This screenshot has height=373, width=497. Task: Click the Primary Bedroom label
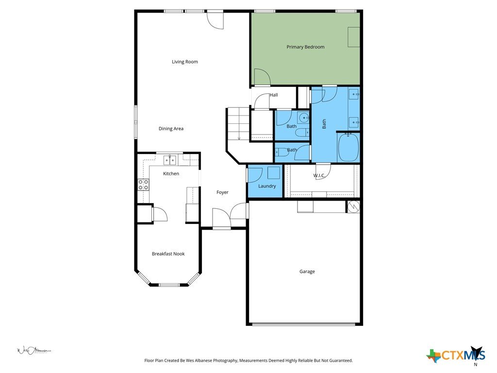point(305,47)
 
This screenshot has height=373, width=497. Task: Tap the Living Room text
point(185,62)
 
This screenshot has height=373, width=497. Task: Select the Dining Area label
point(171,128)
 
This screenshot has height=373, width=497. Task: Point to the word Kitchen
point(171,173)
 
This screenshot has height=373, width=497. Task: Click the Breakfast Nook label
point(168,254)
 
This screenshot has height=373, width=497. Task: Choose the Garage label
point(307,271)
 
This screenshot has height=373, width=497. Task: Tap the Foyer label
point(222,192)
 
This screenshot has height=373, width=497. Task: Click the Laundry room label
point(267,186)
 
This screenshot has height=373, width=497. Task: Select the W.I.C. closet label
point(319,175)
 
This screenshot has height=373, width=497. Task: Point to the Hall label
point(274,95)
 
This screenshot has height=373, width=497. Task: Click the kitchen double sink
point(170,160)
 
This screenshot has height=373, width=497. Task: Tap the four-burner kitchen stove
point(143,185)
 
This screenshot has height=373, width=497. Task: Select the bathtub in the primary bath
point(348,148)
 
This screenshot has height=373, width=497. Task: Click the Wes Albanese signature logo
point(34,351)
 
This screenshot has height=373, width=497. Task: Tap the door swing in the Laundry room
point(255,175)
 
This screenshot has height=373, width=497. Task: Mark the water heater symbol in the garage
point(353,207)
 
